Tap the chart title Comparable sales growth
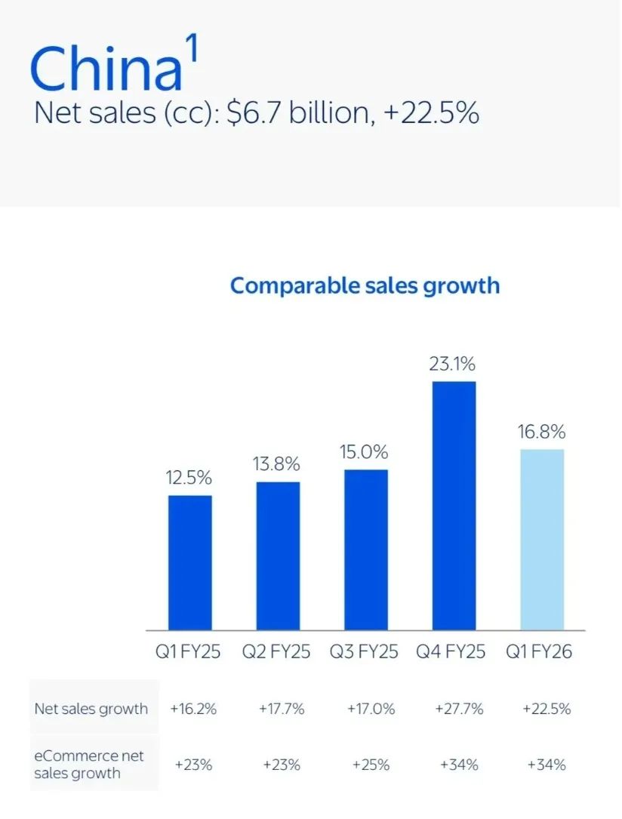click(x=365, y=285)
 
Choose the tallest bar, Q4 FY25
click(x=454, y=506)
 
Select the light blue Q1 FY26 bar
click(x=542, y=539)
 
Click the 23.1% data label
click(x=454, y=364)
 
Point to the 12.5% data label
click(x=189, y=477)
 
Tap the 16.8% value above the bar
click(x=542, y=432)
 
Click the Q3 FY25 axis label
click(x=364, y=651)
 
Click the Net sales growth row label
click(x=91, y=709)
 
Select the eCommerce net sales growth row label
click(x=88, y=764)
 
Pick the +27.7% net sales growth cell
click(x=458, y=709)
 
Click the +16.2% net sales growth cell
click(x=193, y=709)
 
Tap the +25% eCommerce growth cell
click(x=371, y=765)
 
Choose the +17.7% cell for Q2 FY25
click(x=282, y=709)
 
